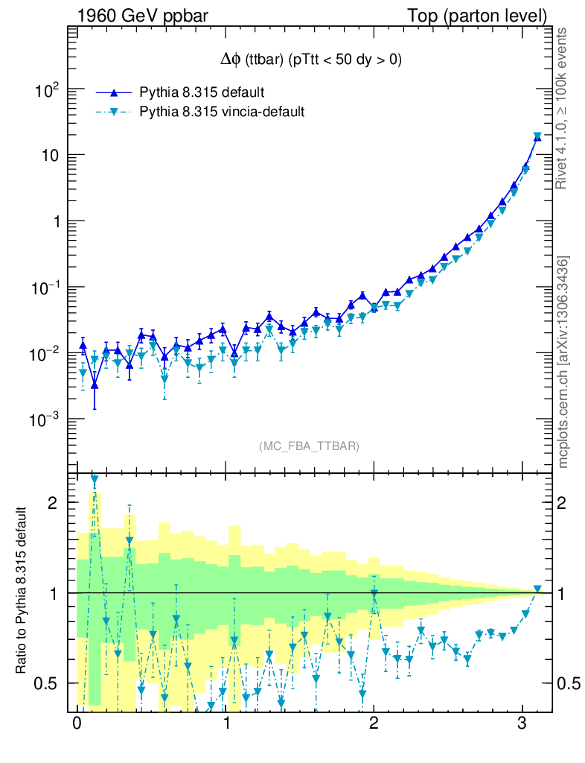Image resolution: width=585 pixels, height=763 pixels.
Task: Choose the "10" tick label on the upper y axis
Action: coord(49,156)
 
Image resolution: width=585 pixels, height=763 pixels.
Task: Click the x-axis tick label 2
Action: coord(374,725)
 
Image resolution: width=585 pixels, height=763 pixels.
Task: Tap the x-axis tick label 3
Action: coord(523,725)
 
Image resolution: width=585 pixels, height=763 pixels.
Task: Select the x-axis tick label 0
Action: coord(77,725)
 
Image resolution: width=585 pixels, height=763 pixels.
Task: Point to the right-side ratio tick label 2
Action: coord(566,503)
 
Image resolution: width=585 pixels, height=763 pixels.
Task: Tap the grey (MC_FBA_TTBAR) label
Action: coord(309,446)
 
